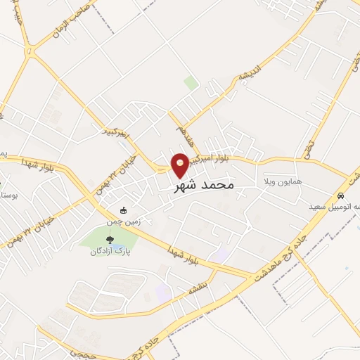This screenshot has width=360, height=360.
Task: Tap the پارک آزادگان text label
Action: click(115, 252)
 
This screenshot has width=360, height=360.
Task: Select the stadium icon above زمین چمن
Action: click(124, 210)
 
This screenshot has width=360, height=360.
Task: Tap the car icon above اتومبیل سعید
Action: click(340, 196)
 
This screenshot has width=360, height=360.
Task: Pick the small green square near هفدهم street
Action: click(191, 83)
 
